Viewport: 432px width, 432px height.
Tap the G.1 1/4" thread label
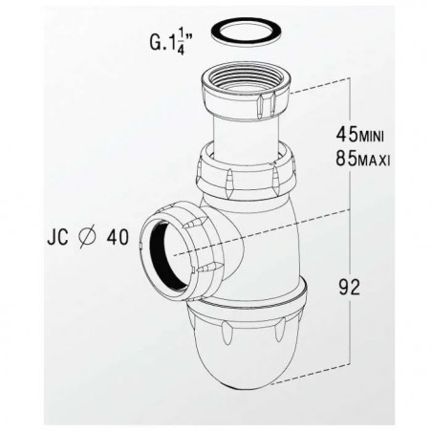(x=171, y=42)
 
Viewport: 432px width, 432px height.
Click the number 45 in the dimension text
(x=347, y=134)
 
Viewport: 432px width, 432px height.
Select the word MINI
(x=371, y=138)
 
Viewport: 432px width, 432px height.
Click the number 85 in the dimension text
(x=347, y=159)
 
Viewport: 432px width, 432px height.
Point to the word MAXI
(x=374, y=162)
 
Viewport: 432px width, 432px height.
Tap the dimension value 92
(x=349, y=287)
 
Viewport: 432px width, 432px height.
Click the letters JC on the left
(x=58, y=237)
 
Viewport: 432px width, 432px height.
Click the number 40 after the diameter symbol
(x=118, y=237)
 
